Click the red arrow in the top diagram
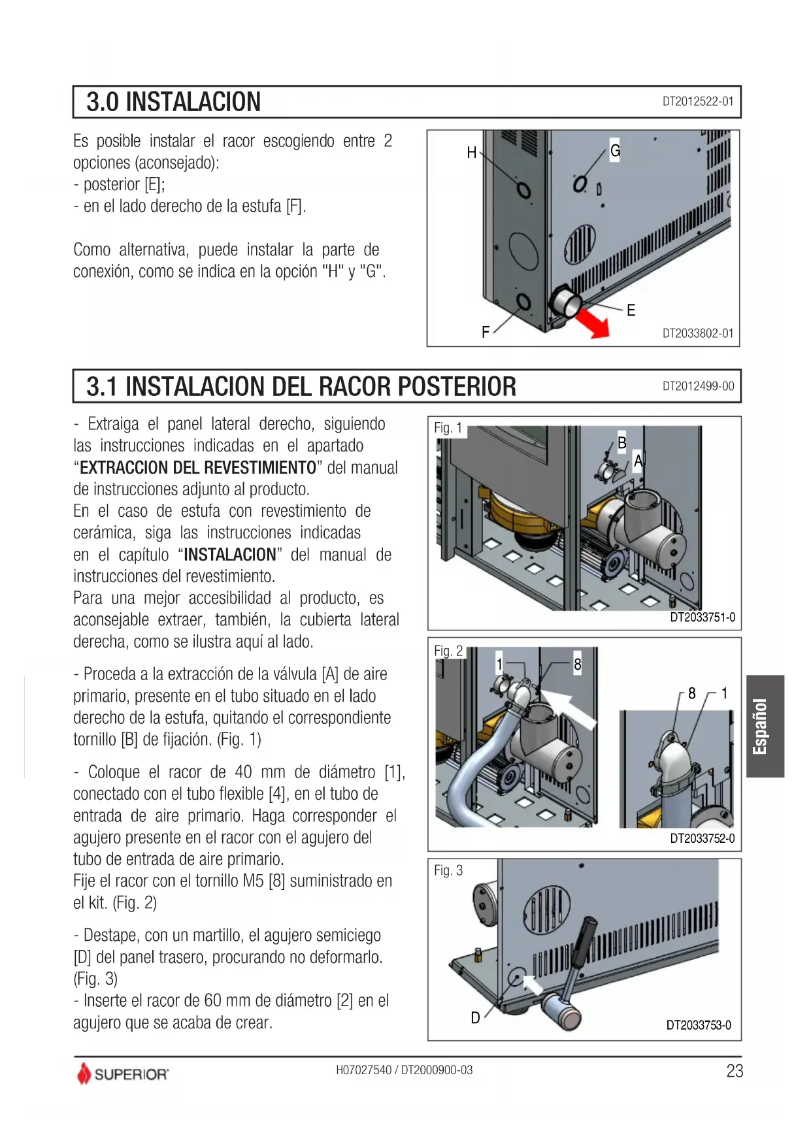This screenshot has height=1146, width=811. tap(593, 322)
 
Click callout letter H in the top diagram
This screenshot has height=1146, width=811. tap(472, 153)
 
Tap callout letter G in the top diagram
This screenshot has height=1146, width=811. tap(615, 151)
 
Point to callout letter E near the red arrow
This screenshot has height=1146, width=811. tap(631, 310)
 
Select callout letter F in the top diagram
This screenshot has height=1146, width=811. tap(486, 333)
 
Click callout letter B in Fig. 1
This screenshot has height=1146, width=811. tap(622, 443)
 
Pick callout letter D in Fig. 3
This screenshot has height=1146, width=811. tap(476, 1018)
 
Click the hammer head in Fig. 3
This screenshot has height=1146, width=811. tap(562, 1010)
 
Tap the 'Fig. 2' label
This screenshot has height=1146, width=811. tap(448, 651)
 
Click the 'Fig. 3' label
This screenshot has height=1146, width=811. tap(448, 870)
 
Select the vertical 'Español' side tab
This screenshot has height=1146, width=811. tap(765, 726)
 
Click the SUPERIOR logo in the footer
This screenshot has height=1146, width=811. tap(123, 1073)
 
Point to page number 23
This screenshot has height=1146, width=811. tap(735, 1071)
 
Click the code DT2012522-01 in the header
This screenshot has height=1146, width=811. tap(698, 101)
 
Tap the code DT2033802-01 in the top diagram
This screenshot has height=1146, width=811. tap(698, 333)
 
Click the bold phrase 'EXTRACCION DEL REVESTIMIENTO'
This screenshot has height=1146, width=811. tap(198, 468)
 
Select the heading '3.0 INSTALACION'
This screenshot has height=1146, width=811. tap(174, 102)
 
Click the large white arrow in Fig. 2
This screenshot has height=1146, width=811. tap(568, 706)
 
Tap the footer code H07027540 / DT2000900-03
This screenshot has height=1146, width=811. tap(405, 1070)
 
